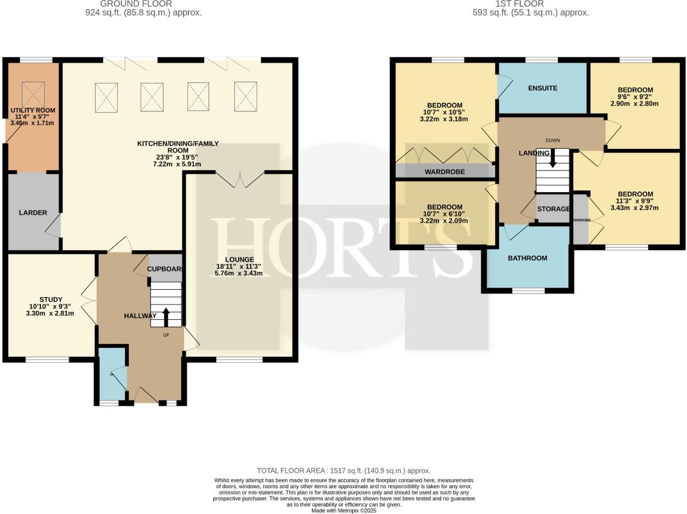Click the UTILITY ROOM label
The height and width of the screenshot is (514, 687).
click(33, 111)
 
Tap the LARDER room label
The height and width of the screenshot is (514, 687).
click(33, 213)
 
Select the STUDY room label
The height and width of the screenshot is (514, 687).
click(51, 300)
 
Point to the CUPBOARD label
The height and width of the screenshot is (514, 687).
click(166, 269)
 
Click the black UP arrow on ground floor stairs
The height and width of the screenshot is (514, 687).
click(166, 317)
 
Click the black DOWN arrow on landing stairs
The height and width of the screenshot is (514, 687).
click(552, 159)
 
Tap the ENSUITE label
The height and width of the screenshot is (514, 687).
click(542, 88)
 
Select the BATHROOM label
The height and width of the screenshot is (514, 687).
click(528, 258)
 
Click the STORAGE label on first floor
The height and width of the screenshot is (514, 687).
click(553, 209)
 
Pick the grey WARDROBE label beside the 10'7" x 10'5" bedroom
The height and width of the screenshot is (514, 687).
click(445, 172)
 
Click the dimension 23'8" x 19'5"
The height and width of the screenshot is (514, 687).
click(177, 157)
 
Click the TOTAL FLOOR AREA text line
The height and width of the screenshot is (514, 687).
click(343, 471)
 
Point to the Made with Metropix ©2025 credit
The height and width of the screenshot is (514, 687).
click(343, 511)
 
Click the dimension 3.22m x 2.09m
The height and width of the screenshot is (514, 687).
click(444, 220)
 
